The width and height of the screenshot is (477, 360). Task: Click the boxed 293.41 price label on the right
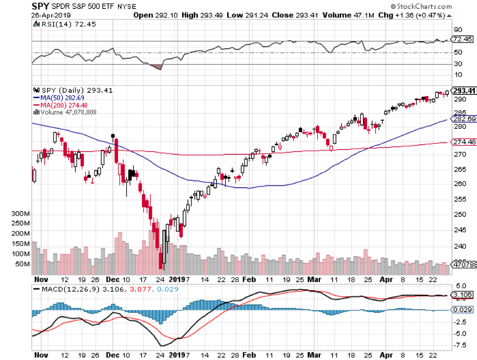(463, 91)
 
